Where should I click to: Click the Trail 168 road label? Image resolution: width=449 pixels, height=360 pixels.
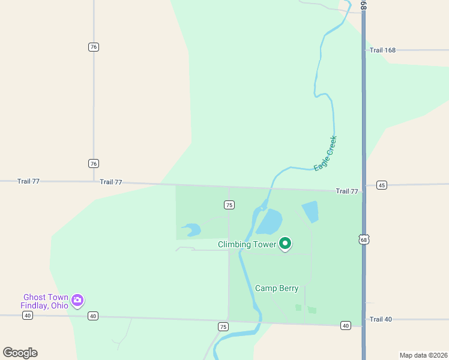click(x=382, y=50)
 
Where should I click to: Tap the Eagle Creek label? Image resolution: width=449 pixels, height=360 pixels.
click(x=325, y=154)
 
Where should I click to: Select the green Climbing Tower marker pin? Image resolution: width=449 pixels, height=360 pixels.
click(x=286, y=244)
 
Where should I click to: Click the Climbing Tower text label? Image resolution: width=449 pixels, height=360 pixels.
click(x=247, y=245)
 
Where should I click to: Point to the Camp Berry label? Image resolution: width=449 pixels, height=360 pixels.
click(x=277, y=289)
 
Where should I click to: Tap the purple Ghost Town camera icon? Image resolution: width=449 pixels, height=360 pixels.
click(x=77, y=300)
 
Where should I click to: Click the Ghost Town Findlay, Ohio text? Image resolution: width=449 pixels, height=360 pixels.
click(x=44, y=301)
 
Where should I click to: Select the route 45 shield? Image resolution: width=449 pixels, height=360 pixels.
click(x=382, y=185)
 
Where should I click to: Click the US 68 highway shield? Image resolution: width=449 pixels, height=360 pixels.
click(x=364, y=239)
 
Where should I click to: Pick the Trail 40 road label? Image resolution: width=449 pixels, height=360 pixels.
click(x=381, y=319)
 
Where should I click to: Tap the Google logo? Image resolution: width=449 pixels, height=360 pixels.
click(x=20, y=353)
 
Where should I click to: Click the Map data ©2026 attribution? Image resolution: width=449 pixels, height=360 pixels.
click(x=423, y=355)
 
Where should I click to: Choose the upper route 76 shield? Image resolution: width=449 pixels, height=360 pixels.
click(x=93, y=47)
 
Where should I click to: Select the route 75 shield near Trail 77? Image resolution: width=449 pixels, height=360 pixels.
click(x=229, y=205)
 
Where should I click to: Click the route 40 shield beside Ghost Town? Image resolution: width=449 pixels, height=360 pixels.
click(x=92, y=316)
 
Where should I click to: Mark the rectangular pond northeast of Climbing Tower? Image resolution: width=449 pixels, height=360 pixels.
click(x=310, y=211)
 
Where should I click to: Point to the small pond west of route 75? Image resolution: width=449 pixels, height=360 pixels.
click(x=191, y=229)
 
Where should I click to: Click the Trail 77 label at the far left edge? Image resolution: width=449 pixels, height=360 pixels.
click(x=28, y=181)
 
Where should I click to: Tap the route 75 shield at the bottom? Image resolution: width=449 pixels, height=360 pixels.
click(x=223, y=326)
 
